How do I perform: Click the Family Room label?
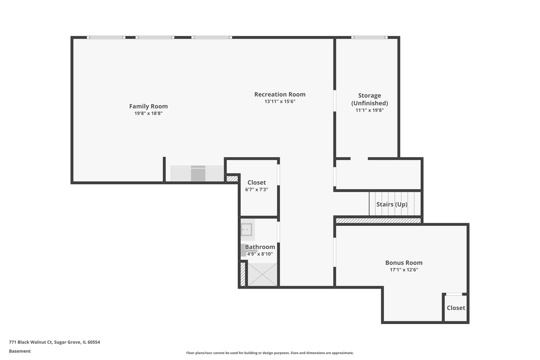(x=148, y=106)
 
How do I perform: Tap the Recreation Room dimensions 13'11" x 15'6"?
(x=280, y=101)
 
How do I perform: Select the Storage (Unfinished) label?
(x=369, y=99)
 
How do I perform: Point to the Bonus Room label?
(x=404, y=263)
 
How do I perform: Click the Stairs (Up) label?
(x=392, y=204)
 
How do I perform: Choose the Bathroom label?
(x=260, y=247)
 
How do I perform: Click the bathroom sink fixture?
(x=247, y=230)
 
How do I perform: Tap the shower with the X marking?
(x=263, y=274)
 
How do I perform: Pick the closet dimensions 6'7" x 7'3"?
(x=257, y=189)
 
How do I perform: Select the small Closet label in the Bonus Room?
(x=456, y=308)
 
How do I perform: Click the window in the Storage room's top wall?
(x=369, y=37)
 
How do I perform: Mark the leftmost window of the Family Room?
(x=106, y=37)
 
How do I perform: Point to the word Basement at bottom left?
(x=20, y=351)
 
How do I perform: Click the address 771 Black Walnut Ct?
(x=54, y=342)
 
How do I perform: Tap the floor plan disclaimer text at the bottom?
(x=270, y=353)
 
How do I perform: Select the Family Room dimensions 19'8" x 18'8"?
(x=148, y=113)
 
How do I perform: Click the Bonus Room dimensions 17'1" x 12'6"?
(x=404, y=270)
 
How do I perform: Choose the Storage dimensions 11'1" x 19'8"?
(x=369, y=110)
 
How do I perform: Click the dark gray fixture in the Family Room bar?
(x=198, y=174)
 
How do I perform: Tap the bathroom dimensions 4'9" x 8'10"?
(x=260, y=254)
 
